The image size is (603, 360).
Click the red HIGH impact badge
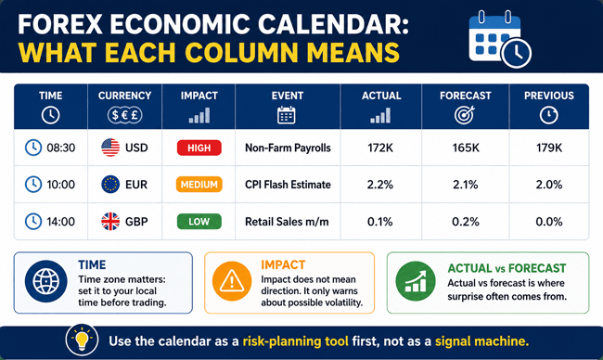pos(199,148)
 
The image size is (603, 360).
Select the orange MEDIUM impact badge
pos(199,185)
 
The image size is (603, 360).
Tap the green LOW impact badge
pos(199,222)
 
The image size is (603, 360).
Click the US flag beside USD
pos(110,148)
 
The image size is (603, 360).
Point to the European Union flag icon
pos(110,185)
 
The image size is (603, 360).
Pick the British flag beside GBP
pos(110,222)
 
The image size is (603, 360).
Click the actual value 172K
pos(380,148)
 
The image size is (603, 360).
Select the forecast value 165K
pos(466,148)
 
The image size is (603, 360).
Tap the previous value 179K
pos(549,148)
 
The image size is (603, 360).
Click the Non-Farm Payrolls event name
pos(288,148)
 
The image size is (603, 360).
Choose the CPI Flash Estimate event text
pos(288,185)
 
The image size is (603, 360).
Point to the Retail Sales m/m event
pos(287,222)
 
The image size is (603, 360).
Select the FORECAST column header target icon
pos(465,115)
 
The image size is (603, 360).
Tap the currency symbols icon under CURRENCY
pos(124,115)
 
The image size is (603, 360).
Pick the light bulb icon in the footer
pos(82,340)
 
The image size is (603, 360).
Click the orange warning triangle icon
pos(232,281)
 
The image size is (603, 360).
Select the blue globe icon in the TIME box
pos(45,281)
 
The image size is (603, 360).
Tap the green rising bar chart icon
pos(416,281)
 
